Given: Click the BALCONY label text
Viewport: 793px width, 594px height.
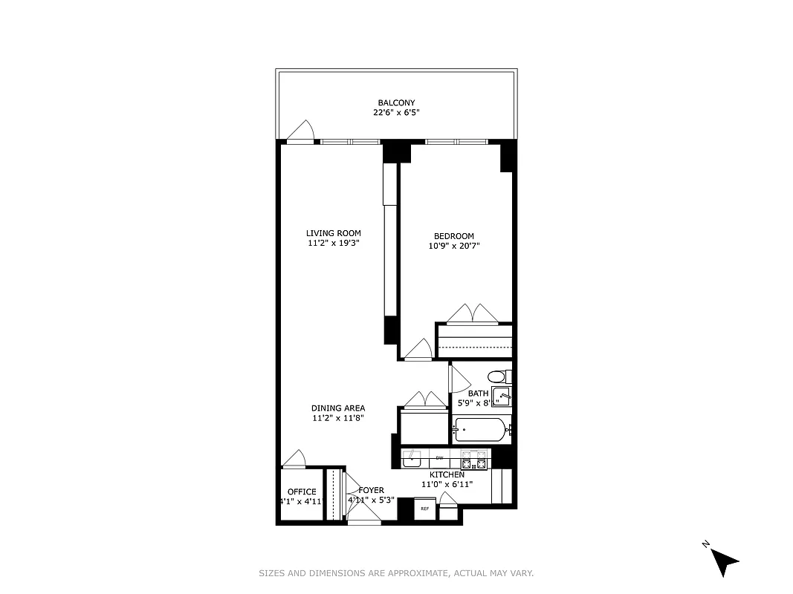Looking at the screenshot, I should point(396,102).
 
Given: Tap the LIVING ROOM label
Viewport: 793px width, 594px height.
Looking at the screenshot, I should point(334,233).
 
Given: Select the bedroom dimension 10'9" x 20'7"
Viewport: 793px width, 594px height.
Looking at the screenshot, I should point(454,246).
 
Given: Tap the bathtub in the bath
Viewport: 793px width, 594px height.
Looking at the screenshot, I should point(481,429).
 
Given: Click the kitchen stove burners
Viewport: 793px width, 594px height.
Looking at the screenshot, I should point(474,459).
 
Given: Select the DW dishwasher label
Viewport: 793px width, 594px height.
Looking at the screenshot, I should point(439,458).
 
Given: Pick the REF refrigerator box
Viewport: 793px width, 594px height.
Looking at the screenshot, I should point(425,509).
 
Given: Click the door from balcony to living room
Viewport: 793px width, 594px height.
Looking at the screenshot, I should point(300,131).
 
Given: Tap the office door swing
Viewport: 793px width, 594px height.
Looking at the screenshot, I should point(295,459).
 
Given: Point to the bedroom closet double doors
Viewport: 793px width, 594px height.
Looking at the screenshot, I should point(473,314).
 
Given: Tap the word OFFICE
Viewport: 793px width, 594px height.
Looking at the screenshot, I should point(302,492).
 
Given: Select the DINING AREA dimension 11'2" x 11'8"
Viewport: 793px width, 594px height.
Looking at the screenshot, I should point(337,418).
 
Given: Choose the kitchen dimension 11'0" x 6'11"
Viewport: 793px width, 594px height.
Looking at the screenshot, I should point(447,484).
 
